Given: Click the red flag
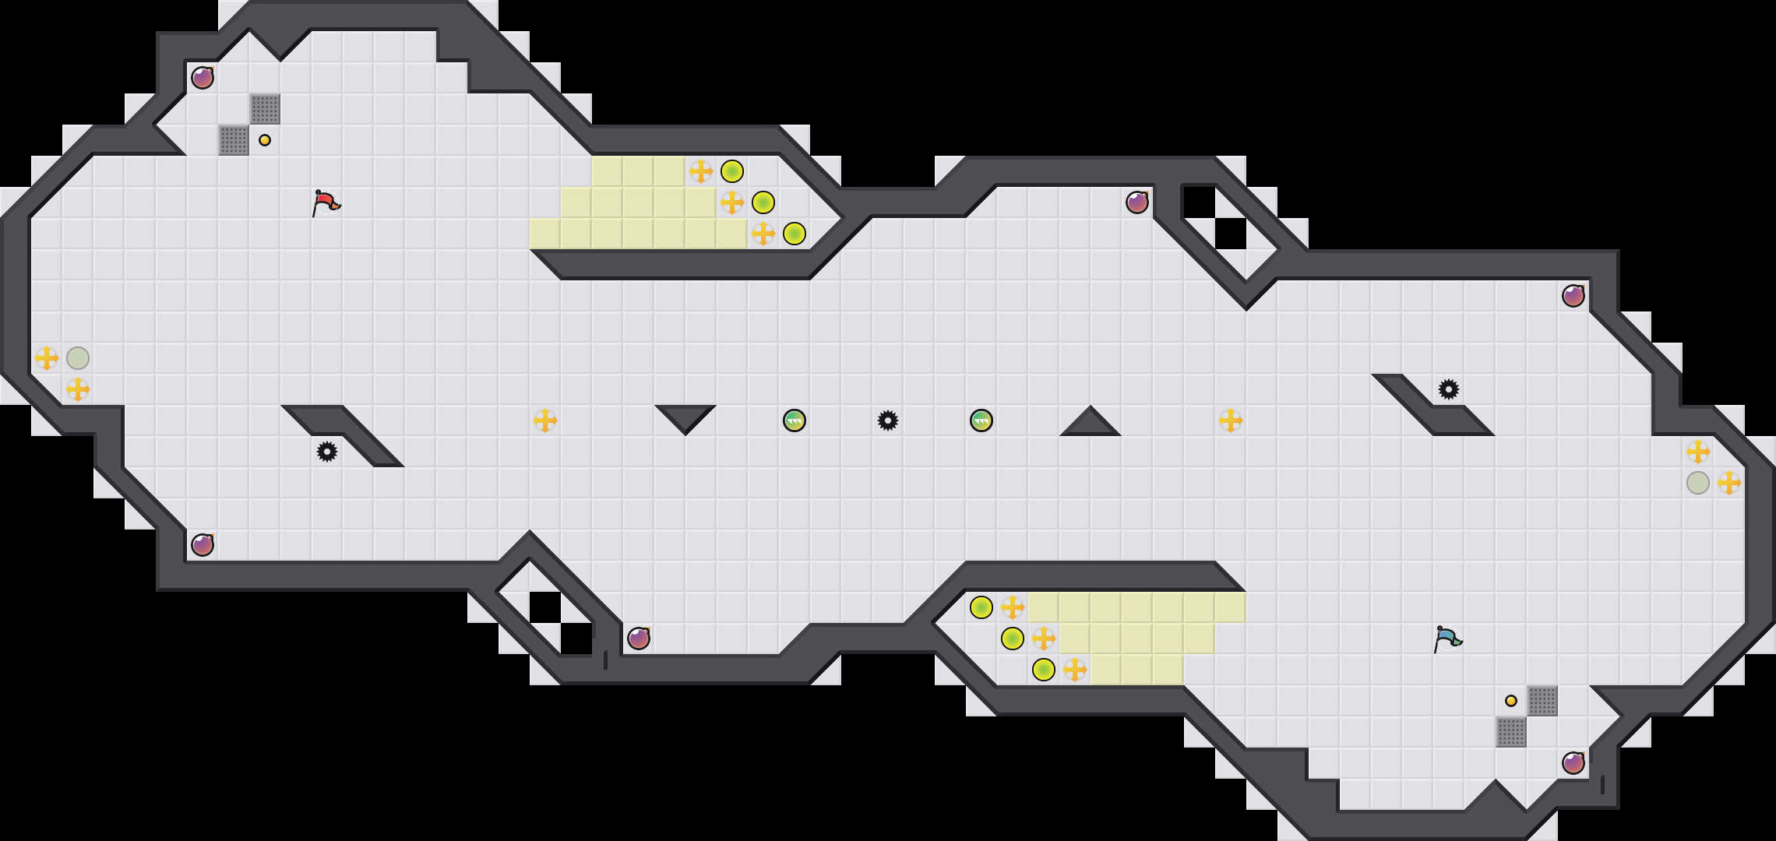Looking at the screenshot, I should point(326,202).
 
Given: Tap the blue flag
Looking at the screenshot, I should point(1447,639).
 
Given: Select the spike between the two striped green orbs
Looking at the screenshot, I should point(888,420).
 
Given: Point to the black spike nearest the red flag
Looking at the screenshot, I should point(327,452).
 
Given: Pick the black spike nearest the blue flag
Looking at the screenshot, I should point(1449,389).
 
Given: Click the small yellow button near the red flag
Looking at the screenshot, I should point(265,140).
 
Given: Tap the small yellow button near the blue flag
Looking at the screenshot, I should point(1511,701).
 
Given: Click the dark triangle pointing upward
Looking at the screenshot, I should point(1091,424).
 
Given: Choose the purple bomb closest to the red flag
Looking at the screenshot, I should point(203,78).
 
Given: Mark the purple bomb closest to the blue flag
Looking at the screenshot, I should point(1573,763).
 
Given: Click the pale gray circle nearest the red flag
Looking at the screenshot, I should point(78,358).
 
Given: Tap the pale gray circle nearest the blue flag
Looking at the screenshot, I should point(1698,483).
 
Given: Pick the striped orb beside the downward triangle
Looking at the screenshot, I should point(795,420).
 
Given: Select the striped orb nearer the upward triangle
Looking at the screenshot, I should point(981,420).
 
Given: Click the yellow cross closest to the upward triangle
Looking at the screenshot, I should point(1231,420).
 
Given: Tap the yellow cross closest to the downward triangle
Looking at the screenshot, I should point(545,420).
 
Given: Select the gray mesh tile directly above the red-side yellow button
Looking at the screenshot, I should point(265,109).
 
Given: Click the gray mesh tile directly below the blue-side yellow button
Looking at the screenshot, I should point(1511,732).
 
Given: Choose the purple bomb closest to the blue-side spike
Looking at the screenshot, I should point(1573,296).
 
